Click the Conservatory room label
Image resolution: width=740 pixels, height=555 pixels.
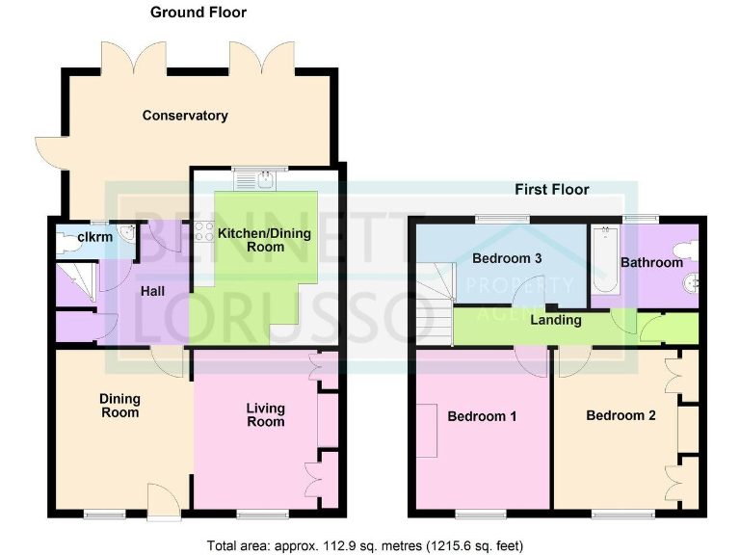pyautogui.click(x=185, y=116)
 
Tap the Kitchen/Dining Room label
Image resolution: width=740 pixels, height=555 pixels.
pyautogui.click(x=251, y=240)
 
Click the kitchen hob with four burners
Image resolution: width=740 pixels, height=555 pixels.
pyautogui.click(x=203, y=231)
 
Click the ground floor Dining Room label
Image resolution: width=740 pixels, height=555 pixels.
pyautogui.click(x=119, y=406)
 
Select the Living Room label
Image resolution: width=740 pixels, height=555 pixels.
pyautogui.click(x=265, y=414)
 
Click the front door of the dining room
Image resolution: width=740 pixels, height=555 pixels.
pyautogui.click(x=160, y=501)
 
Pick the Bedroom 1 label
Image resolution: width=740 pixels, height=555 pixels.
pyautogui.click(x=483, y=416)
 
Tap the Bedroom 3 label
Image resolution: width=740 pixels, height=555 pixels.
pyautogui.click(x=506, y=258)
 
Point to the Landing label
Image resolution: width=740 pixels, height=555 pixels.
pyautogui.click(x=555, y=319)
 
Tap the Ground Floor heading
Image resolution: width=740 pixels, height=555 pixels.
pyautogui.click(x=198, y=13)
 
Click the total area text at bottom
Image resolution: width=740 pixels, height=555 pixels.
pyautogui.click(x=365, y=545)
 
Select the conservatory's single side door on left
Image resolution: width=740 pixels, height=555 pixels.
pyautogui.click(x=48, y=152)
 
